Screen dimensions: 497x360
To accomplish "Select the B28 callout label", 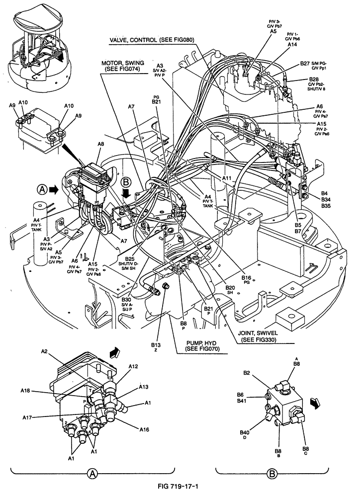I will (x=314, y=79).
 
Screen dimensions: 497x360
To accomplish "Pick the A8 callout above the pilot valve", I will (x=101, y=144).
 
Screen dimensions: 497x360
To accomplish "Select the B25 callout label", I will (x=130, y=259).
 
